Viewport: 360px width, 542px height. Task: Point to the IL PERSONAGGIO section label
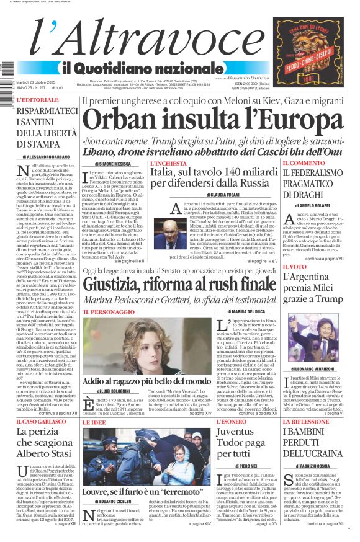[x=108, y=311]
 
